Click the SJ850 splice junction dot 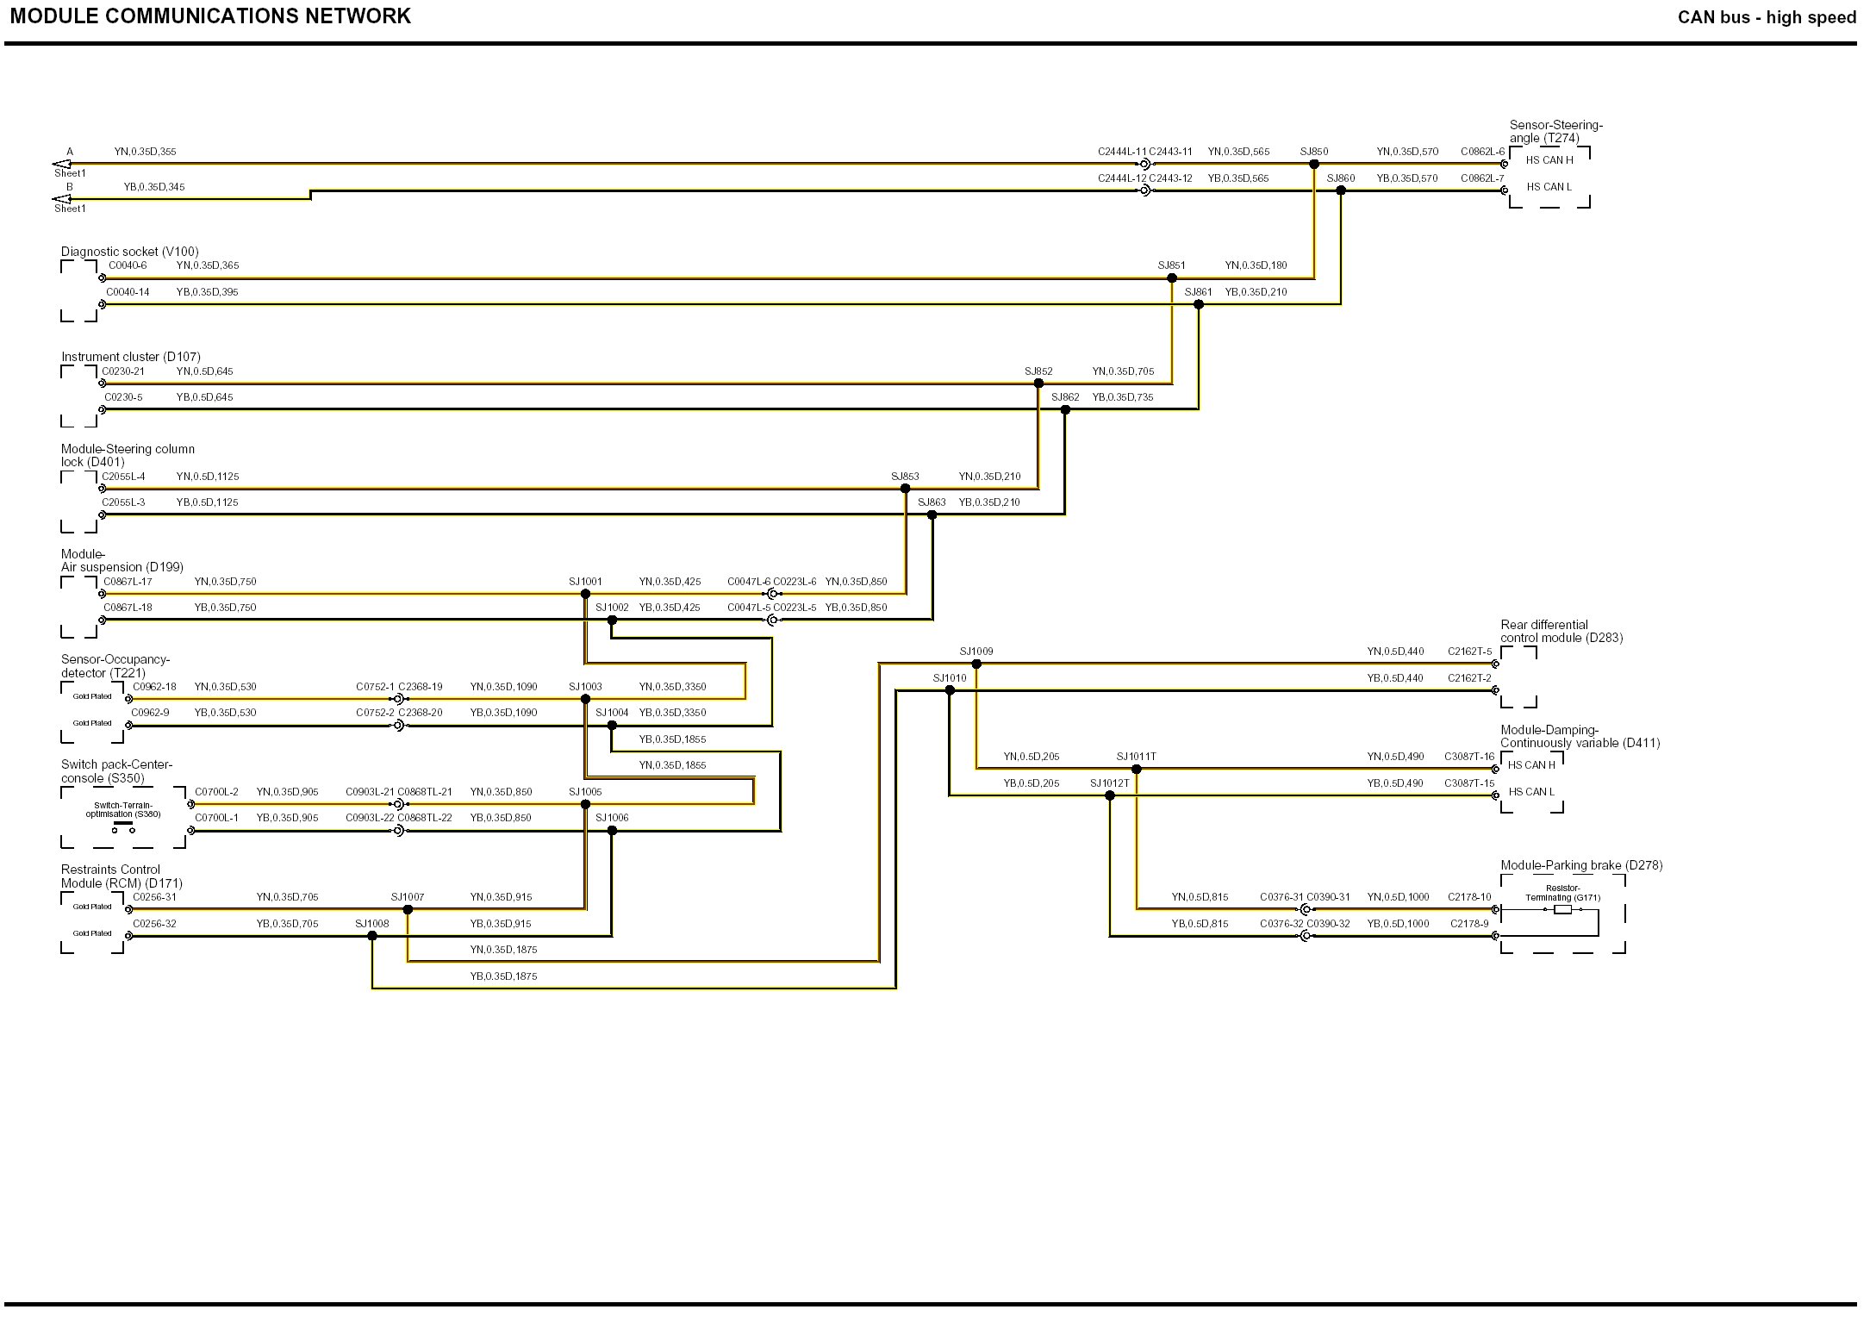[1314, 164]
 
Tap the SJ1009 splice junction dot [976, 664]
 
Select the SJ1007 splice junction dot [408, 909]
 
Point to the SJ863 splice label [932, 502]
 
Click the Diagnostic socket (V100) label [129, 252]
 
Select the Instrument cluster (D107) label [130, 357]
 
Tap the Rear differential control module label [1561, 631]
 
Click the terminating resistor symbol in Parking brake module [1562, 909]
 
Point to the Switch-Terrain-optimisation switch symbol [123, 828]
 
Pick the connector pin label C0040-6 [128, 265]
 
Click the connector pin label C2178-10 [1469, 897]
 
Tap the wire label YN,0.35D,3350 [672, 687]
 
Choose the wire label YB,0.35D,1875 [503, 976]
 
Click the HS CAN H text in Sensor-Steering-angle [1549, 160]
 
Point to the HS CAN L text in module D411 [1531, 792]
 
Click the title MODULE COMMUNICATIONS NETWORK [210, 16]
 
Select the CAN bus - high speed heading [1767, 17]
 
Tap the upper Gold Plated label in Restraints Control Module [92, 907]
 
